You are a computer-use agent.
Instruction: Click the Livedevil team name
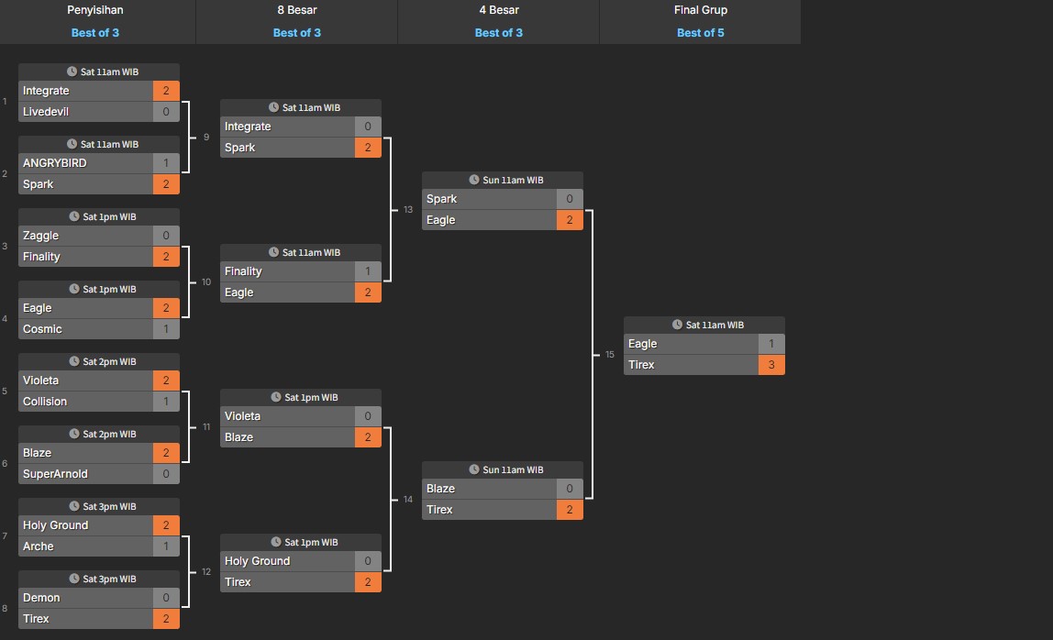click(46, 112)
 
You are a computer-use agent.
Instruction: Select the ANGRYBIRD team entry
click(55, 163)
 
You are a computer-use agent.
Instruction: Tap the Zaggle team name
click(40, 236)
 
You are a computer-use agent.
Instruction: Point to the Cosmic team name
click(43, 329)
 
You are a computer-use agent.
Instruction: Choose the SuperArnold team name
click(56, 474)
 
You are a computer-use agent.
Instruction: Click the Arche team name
click(39, 546)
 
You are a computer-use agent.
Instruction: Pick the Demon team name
click(41, 598)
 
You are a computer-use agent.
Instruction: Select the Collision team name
click(45, 402)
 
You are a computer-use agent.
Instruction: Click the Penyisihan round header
click(95, 10)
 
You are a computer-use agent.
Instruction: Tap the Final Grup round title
click(701, 10)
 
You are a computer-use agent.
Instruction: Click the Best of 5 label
click(701, 33)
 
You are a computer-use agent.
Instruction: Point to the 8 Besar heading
click(297, 10)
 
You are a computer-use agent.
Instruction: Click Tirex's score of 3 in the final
click(771, 365)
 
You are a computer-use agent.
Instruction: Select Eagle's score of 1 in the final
click(771, 344)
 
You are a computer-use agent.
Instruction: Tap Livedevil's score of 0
click(166, 112)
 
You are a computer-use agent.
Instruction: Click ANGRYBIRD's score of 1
click(166, 163)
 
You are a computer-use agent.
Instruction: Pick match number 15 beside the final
click(610, 355)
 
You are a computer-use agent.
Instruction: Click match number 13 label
click(408, 210)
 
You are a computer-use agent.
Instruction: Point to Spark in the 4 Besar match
click(441, 199)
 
